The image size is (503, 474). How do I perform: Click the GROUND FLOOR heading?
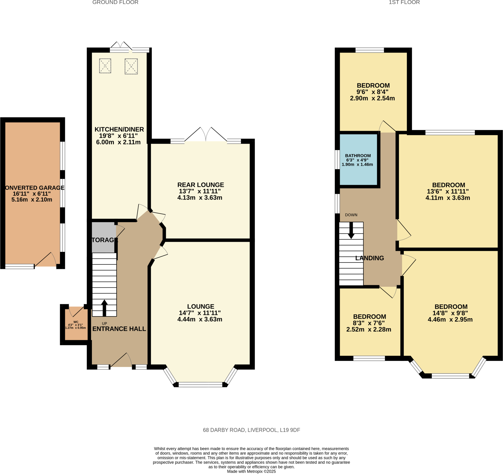point(115,2)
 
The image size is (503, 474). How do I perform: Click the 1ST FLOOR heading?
point(404,2)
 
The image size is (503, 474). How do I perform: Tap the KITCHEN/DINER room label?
point(119,129)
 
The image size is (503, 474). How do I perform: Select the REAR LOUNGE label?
point(200,185)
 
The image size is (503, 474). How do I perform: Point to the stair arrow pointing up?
point(104,307)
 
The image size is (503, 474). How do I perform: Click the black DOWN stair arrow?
point(351,230)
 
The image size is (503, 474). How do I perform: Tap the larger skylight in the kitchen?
point(131,66)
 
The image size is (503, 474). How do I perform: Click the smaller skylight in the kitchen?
point(105,66)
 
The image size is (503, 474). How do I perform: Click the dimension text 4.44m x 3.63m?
point(200,319)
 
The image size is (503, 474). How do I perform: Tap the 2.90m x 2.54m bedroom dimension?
point(372,98)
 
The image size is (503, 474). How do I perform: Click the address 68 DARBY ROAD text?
point(251,430)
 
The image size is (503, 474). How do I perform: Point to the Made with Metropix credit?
point(251,472)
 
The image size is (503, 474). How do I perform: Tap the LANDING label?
point(369,258)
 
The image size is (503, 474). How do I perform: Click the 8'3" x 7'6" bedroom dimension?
point(369,323)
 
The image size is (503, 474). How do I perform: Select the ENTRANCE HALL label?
point(119,329)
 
